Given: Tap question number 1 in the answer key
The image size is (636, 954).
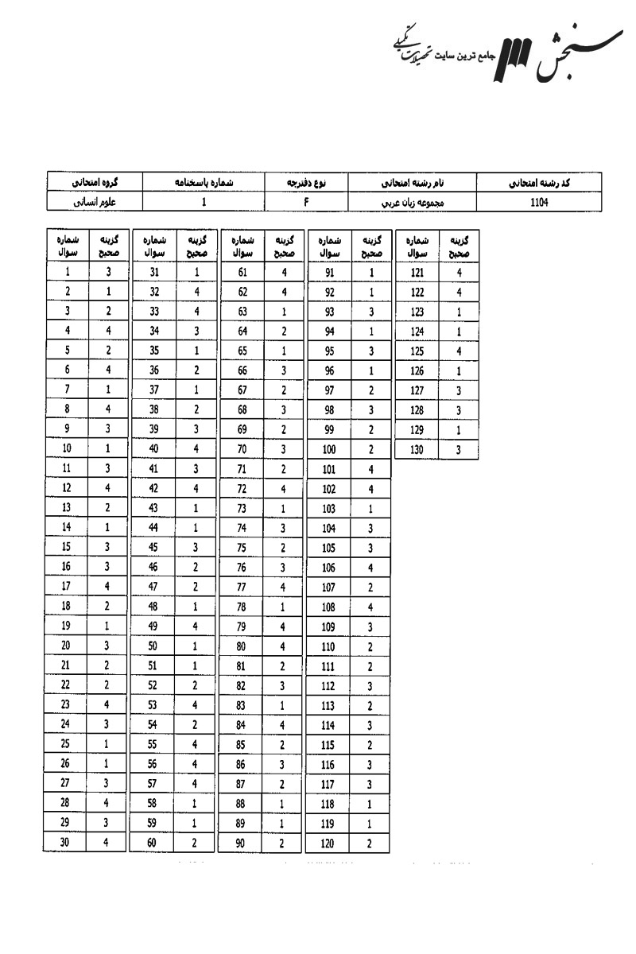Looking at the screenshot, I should click(x=68, y=273).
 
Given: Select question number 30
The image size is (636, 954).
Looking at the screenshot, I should click(x=68, y=843).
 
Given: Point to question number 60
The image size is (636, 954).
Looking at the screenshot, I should click(x=154, y=843).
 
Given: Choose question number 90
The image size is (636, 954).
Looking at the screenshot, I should click(x=241, y=843).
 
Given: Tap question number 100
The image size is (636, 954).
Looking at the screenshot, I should click(x=328, y=449).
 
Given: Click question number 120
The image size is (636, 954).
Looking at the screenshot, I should click(x=328, y=843).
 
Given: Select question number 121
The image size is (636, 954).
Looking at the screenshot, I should click(x=417, y=273).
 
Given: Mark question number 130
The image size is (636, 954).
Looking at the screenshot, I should click(x=417, y=449).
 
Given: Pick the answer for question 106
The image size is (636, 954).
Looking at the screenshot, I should click(x=370, y=568).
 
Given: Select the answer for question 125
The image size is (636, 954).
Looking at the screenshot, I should click(x=459, y=351).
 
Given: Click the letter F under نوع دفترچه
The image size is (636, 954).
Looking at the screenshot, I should click(x=305, y=202).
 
